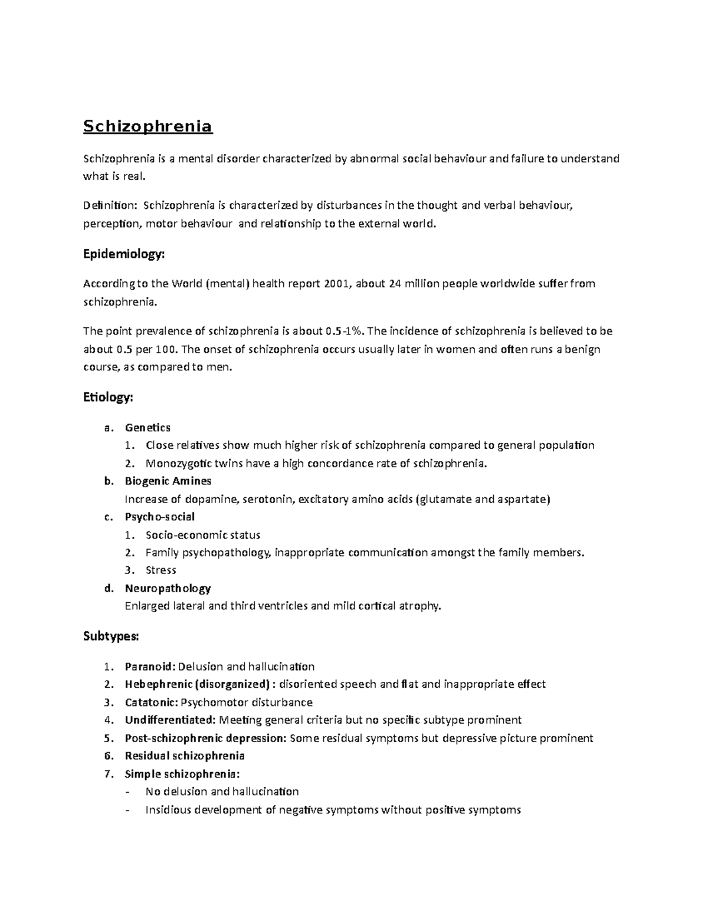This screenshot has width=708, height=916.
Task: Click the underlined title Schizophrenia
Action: (147, 127)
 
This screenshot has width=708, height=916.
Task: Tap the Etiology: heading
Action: (109, 398)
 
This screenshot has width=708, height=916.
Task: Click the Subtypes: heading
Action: (112, 636)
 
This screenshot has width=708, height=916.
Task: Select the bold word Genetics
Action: (147, 428)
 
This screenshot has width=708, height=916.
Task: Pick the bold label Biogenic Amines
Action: (168, 481)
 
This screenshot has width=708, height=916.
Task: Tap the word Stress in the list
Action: (161, 570)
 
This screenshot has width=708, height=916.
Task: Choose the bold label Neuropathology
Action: (168, 589)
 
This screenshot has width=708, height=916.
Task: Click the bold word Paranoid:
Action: (150, 667)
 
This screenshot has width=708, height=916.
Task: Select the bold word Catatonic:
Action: (151, 702)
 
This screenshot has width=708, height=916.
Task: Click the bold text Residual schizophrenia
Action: (185, 756)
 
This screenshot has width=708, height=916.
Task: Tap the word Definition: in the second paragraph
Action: (110, 206)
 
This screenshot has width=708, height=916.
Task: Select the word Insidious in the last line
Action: (169, 810)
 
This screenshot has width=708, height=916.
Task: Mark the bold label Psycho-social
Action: (159, 517)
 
